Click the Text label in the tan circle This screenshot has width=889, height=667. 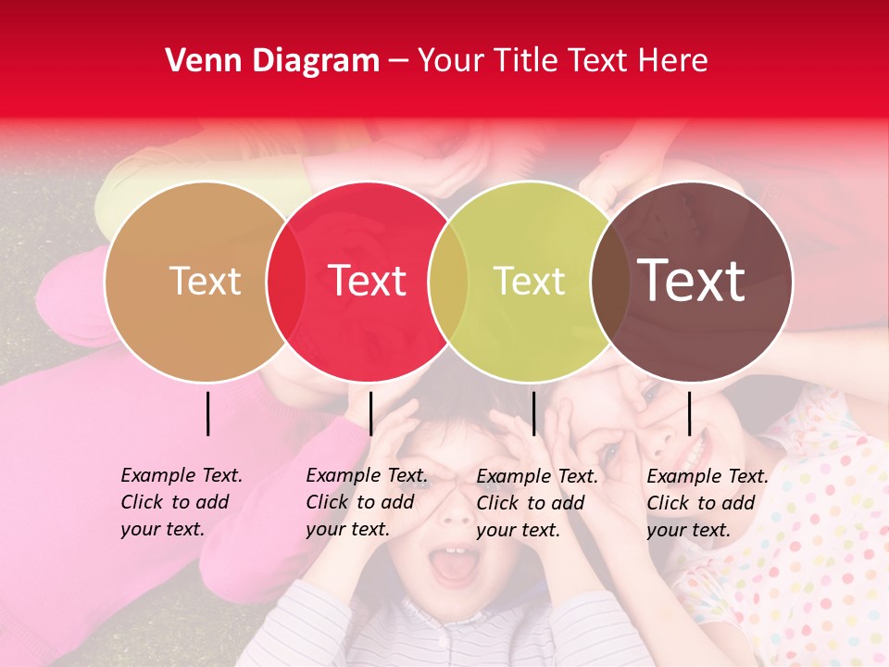click(x=205, y=281)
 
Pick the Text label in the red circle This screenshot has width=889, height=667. click(x=368, y=281)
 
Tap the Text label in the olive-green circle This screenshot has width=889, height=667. click(x=529, y=281)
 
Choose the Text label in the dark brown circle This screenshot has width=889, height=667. click(x=691, y=281)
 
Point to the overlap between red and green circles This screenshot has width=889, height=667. click(x=448, y=281)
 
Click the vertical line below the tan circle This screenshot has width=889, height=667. click(x=208, y=413)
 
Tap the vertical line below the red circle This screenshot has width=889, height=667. click(x=370, y=413)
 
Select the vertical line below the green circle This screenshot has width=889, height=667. click(x=533, y=413)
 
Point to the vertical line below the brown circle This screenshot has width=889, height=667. click(x=690, y=413)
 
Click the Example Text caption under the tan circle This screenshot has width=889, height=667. click(x=181, y=502)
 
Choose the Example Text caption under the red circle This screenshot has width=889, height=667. click(x=366, y=502)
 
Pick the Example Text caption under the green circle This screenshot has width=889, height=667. click(x=536, y=503)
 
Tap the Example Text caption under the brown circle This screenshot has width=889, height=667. click(x=707, y=503)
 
